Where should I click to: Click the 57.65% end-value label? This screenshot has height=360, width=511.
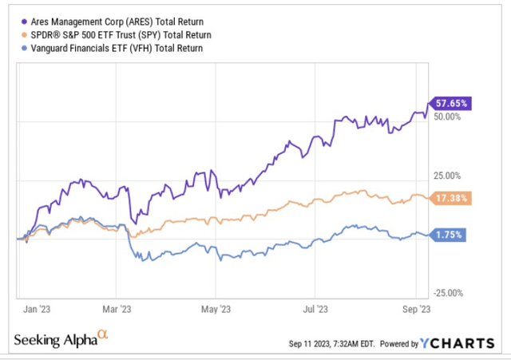[452, 103]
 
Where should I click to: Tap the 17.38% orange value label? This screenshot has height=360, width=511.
[452, 197]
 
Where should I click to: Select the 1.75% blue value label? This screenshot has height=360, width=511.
[450, 235]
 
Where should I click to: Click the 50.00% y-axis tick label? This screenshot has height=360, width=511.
[448, 117]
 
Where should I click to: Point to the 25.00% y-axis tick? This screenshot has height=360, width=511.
[448, 176]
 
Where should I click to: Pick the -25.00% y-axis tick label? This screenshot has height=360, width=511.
[446, 293]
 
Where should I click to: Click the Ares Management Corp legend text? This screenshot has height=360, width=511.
[115, 22]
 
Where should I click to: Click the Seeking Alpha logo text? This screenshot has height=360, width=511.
[61, 341]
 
